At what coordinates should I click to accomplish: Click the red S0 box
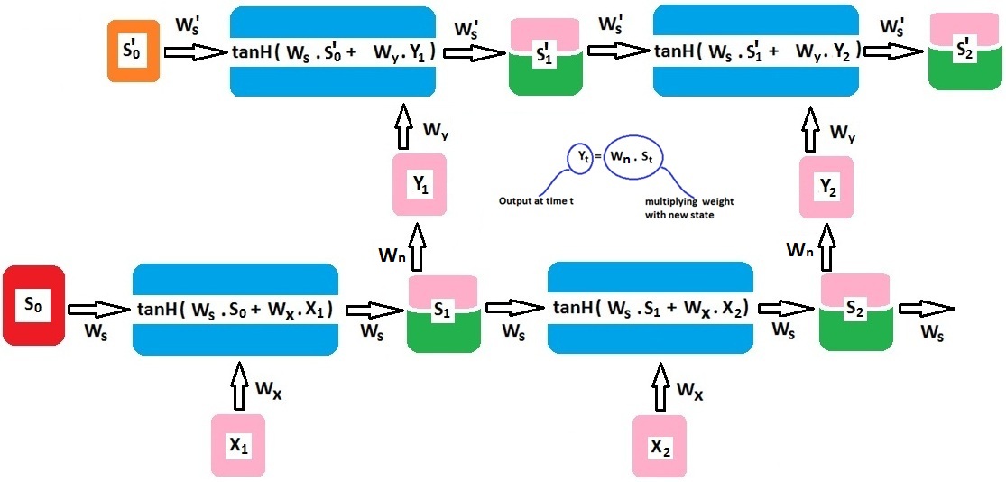coord(33,305)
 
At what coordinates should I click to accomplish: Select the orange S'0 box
coord(134,52)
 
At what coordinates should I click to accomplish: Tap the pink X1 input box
coord(237,445)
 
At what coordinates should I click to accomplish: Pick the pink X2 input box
coord(660,445)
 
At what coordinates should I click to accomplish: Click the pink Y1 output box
coord(420,184)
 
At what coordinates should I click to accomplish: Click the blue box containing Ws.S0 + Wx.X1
coord(235,309)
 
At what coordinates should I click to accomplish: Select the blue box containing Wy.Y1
coord(333,51)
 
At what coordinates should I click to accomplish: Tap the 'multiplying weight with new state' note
coord(683,209)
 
